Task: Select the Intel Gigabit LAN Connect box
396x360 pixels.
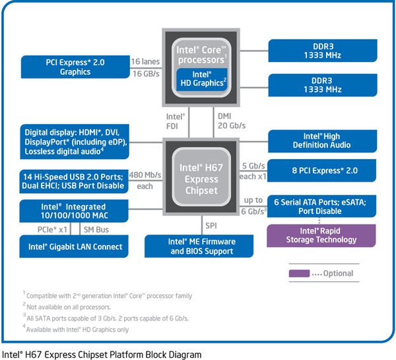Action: tap(75, 247)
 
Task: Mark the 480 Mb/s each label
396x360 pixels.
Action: tap(145, 181)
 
